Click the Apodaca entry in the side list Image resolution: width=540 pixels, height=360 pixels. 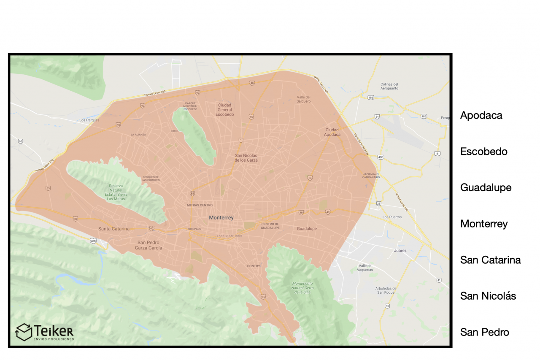tap(481, 115)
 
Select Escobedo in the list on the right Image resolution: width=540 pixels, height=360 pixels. tap(483, 152)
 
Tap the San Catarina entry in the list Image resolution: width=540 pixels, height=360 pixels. tap(490, 260)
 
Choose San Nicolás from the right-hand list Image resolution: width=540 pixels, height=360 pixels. tap(488, 296)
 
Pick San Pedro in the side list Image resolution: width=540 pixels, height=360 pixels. tap(484, 332)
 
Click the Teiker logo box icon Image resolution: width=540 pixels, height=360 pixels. tap(24, 332)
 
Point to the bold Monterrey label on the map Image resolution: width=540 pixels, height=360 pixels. tap(221, 217)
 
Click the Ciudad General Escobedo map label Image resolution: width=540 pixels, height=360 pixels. tap(224, 109)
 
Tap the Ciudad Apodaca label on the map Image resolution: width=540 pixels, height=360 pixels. tap(332, 132)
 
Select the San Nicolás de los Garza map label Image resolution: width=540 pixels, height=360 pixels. tap(246, 158)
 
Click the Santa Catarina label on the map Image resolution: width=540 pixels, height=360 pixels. tap(114, 229)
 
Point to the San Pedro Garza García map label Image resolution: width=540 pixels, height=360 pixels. tap(150, 245)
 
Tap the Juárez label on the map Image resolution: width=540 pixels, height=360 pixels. tap(400, 250)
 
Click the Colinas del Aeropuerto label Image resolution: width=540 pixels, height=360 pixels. tap(389, 86)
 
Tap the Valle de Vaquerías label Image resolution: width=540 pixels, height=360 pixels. tap(365, 268)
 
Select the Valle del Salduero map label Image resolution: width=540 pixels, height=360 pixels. tap(304, 99)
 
